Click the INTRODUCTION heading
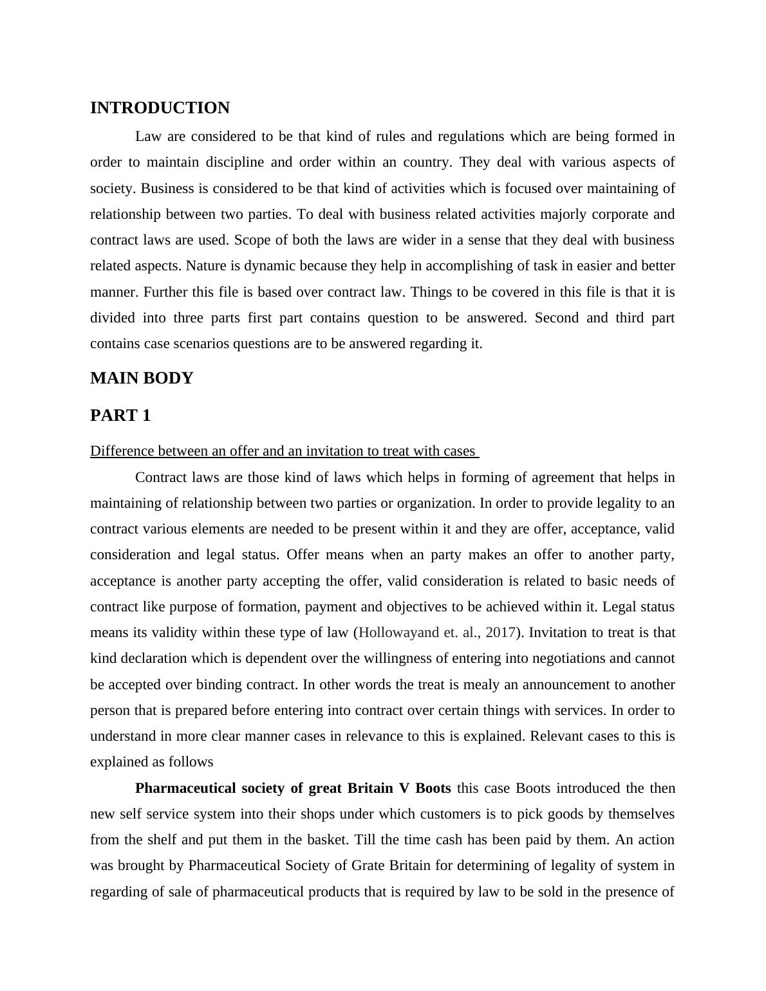pos(160,108)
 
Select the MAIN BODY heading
pos(142,378)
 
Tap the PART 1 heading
pos(120,416)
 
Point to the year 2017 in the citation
pos(500,633)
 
